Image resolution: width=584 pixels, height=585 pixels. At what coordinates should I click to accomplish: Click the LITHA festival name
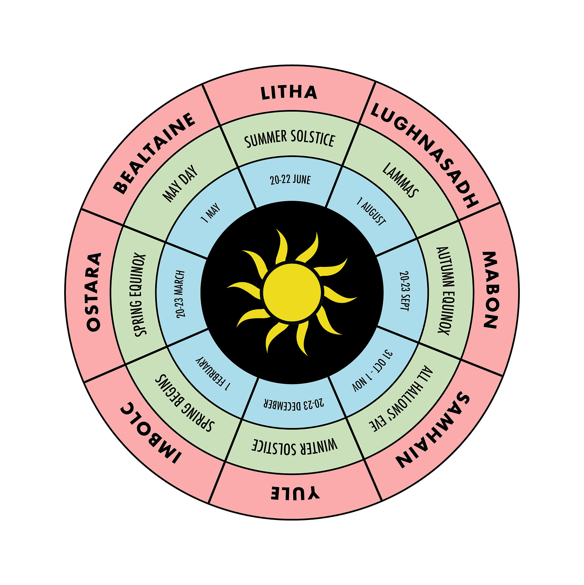289,93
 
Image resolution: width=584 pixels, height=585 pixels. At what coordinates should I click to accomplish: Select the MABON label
490,290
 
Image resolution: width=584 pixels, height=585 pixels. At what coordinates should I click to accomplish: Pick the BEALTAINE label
154,153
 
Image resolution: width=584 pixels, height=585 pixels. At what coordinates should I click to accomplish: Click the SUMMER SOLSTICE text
290,139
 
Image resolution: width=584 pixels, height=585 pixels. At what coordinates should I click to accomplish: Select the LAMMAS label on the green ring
400,180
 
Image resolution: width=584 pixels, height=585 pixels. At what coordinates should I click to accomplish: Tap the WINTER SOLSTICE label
295,445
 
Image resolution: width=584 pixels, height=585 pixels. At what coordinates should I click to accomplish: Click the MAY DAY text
180,183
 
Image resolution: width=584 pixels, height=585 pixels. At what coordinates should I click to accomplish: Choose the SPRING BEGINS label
185,403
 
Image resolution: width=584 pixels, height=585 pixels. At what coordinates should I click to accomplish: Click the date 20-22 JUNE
290,179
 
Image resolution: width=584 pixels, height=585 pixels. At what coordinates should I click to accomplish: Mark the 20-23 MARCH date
180,294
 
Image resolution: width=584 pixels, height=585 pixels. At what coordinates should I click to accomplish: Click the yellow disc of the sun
292,292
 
